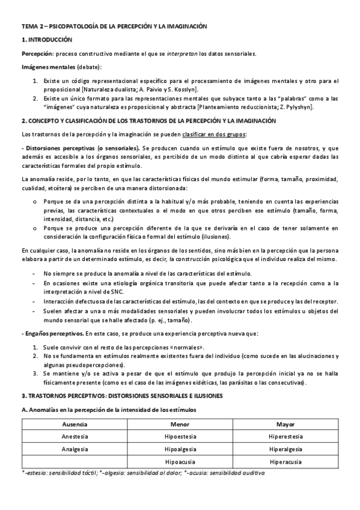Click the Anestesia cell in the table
coord(75,436)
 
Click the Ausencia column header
coord(75,423)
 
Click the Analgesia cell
coord(75,449)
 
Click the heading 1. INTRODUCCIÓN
coord(47,40)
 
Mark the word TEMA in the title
coord(29,27)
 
